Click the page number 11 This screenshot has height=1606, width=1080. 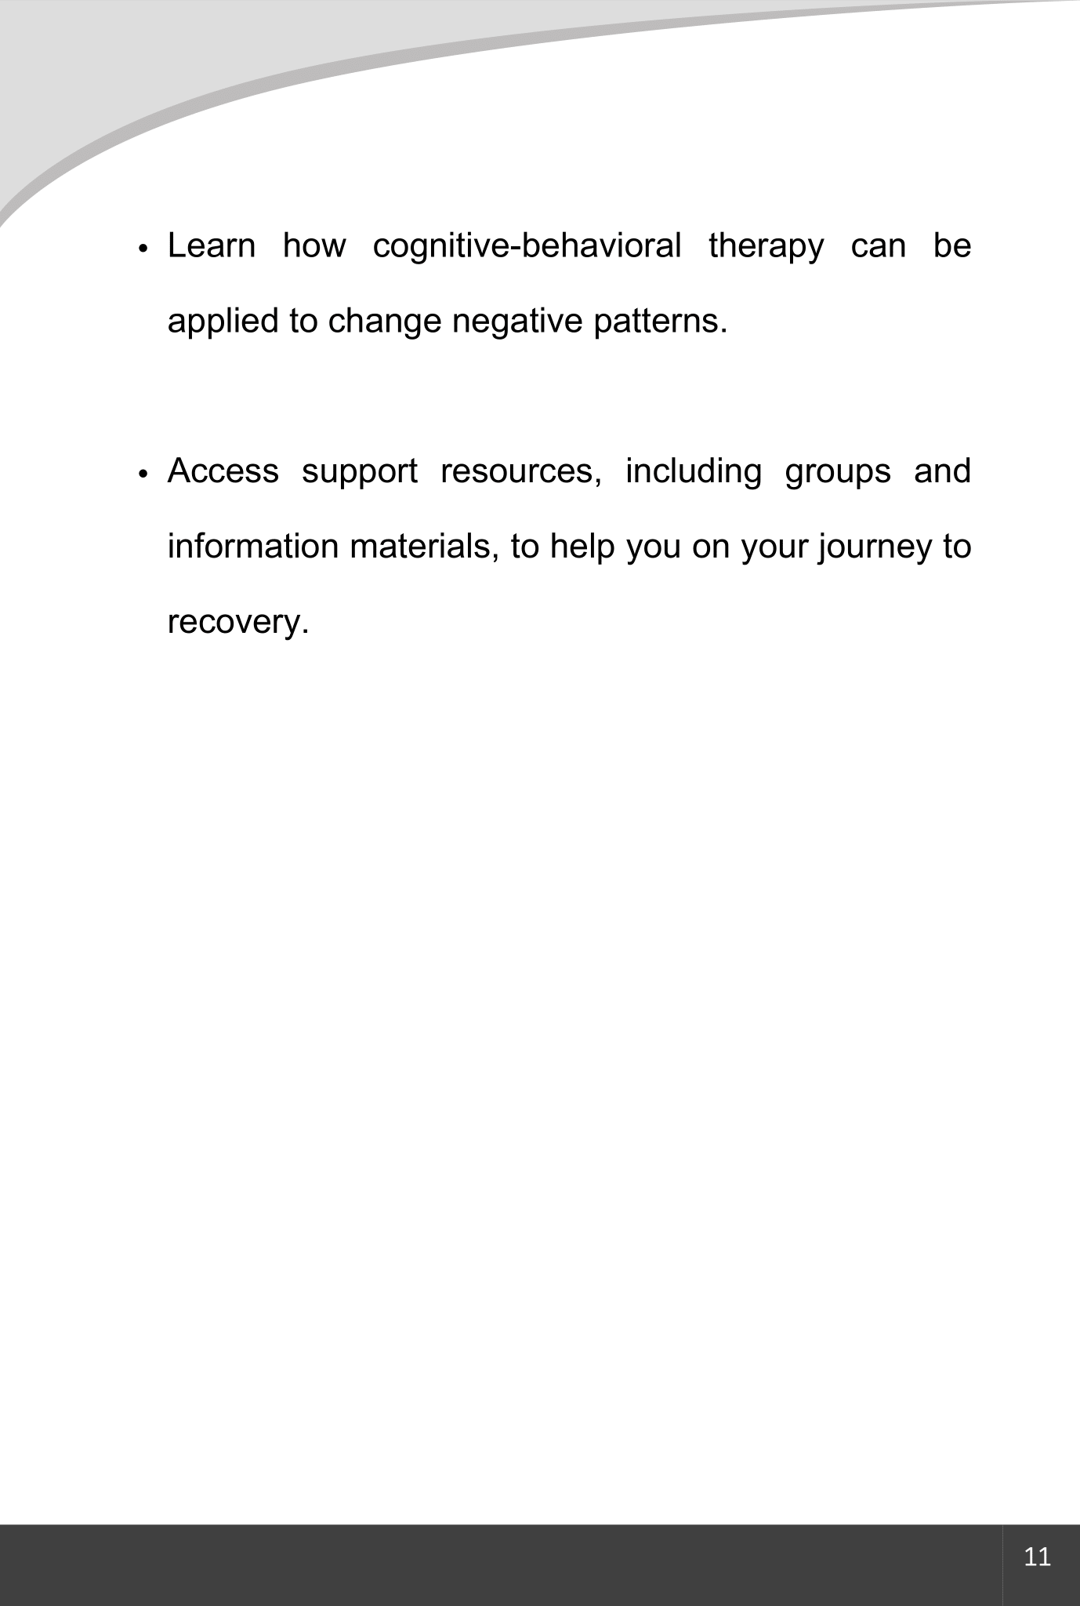[1037, 1557]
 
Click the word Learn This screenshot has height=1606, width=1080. [212, 246]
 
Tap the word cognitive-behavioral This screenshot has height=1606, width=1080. [527, 246]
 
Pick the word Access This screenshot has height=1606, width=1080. [223, 471]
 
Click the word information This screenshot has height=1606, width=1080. [254, 546]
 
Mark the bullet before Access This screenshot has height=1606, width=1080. [143, 474]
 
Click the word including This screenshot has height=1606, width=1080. [693, 472]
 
